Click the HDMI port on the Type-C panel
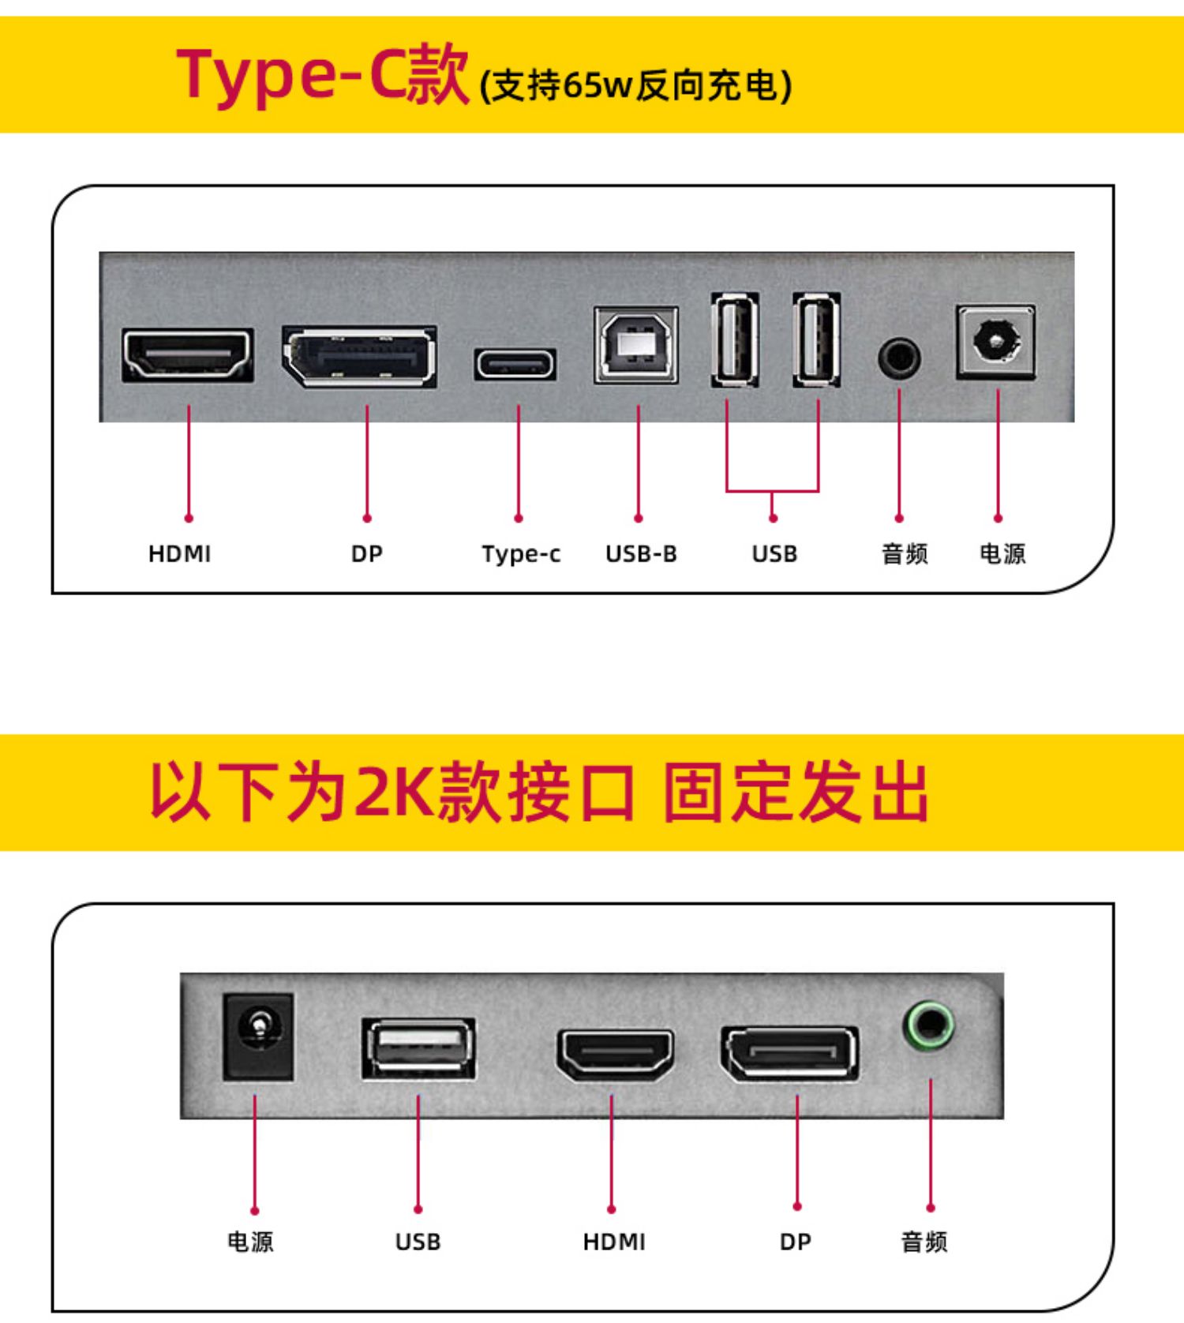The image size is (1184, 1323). point(188,355)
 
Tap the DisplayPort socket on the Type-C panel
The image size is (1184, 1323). point(360,356)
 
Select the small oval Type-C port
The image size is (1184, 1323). point(515,365)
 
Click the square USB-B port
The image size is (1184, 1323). point(636,345)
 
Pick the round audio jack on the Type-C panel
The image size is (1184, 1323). point(899,358)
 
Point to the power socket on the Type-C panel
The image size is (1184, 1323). point(996,342)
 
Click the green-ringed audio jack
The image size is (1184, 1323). point(929,1025)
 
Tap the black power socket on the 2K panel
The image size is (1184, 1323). point(258,1036)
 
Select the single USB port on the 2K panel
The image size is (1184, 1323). point(418,1048)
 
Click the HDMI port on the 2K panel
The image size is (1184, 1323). point(615,1055)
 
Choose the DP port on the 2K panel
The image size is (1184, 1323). point(789,1054)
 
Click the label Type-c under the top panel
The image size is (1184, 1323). point(521,554)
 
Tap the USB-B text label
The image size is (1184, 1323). point(641,554)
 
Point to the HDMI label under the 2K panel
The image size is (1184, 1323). point(614,1242)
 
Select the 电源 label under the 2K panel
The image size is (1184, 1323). point(250,1242)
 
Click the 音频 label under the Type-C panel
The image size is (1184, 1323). point(905,554)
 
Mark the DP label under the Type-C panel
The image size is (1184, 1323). point(367,554)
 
